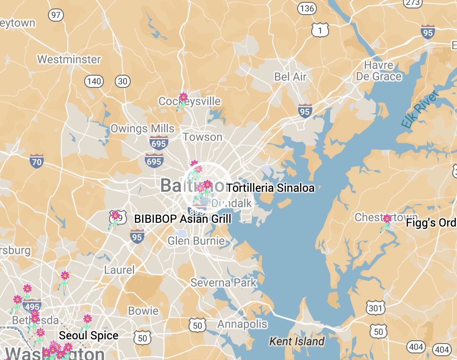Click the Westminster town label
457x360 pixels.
tap(69, 60)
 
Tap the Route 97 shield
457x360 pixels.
tap(56, 15)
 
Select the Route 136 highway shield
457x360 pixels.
tap(306, 8)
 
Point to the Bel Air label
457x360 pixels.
tap(290, 77)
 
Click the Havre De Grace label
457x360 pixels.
tap(379, 70)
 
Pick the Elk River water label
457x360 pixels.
tap(419, 110)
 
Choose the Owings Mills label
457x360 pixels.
tap(142, 129)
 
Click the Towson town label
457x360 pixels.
tap(202, 137)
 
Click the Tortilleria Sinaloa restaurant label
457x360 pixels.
tap(270, 188)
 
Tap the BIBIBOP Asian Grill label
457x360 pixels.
tap(182, 219)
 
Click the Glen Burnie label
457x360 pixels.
tap(196, 241)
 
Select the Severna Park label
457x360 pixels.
tap(223, 282)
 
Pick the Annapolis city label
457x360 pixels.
tap(242, 324)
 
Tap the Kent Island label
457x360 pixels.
tap(296, 341)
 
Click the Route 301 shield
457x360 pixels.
tap(376, 308)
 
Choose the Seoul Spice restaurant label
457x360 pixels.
tap(88, 336)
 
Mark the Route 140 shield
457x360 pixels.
tap(94, 81)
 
